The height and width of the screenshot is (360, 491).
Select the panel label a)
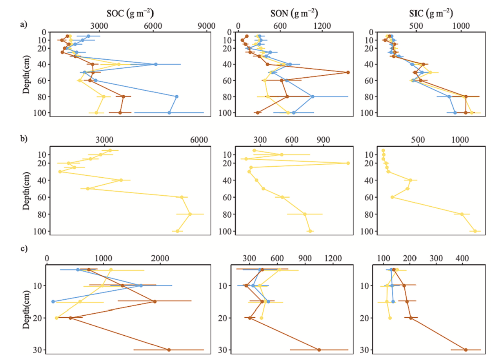(24, 25)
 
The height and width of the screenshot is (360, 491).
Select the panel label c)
(24, 249)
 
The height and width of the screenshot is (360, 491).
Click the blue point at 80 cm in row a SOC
(176, 96)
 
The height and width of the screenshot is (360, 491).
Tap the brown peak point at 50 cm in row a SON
(348, 73)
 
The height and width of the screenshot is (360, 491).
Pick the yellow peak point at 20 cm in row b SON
(348, 163)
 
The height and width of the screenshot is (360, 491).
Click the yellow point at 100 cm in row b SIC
(475, 231)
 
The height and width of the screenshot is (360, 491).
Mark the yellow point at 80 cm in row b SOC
(190, 214)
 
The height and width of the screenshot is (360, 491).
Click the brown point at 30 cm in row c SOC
(169, 350)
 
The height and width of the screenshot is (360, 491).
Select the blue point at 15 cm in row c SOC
(53, 302)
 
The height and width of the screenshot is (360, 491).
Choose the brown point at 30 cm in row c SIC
(466, 350)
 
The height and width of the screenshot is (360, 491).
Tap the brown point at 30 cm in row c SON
(319, 350)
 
